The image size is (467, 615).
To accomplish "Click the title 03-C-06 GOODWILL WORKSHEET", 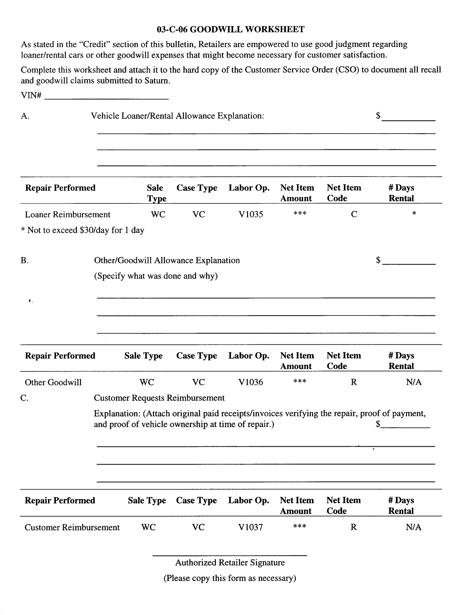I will coord(230,29).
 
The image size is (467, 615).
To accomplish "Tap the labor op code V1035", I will coord(251,214).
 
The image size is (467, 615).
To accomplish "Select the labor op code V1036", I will coord(251,382).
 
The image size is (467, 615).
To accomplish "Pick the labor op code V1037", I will coord(251,527).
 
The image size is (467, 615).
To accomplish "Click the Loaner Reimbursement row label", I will coord(68,215).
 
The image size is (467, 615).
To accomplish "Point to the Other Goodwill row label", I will coord(53,382).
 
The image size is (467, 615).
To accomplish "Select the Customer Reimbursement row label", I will coord(72,528).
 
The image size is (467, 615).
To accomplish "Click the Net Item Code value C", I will coord(354,214).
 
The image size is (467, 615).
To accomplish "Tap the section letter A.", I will coord(25,116).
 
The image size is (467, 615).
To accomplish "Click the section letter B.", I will coord(25,261).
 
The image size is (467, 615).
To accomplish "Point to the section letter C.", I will coord(24,398).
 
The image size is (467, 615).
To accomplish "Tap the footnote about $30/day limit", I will coord(83,230).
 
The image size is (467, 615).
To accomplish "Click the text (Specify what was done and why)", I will coord(156,276).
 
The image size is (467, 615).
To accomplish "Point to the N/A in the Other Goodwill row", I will coord(414,382).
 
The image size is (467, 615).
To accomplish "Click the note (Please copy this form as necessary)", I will coord(230,578).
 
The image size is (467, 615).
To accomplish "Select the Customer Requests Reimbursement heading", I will coord(159,398).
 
